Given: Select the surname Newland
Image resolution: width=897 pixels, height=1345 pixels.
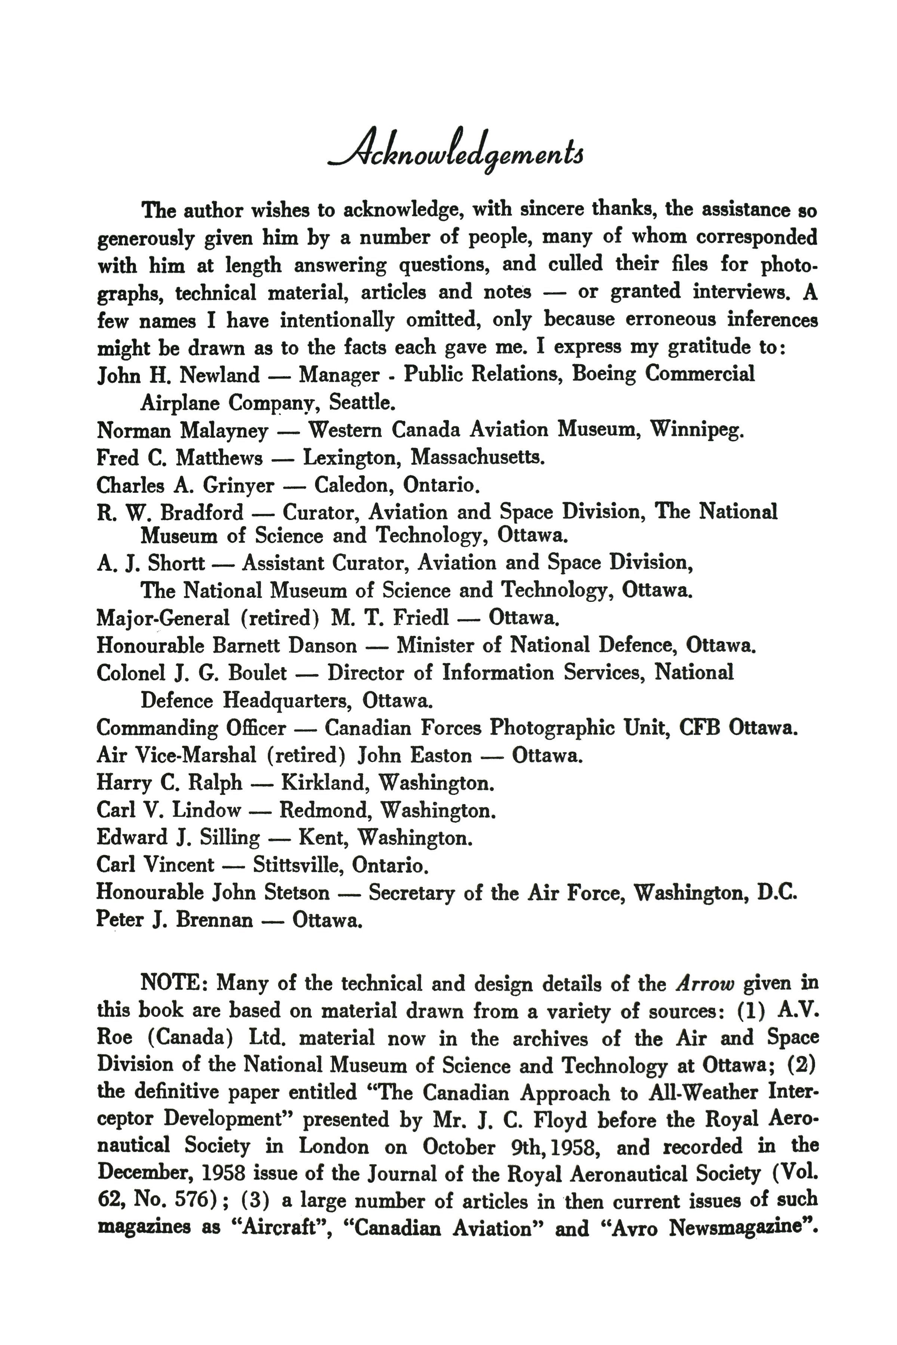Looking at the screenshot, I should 220,376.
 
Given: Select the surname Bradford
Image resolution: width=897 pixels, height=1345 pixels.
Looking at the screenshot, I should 201,512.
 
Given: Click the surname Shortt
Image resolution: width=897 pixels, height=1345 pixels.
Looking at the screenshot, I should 176,563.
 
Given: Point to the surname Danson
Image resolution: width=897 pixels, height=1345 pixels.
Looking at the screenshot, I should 322,646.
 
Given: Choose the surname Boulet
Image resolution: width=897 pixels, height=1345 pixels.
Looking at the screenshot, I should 258,673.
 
